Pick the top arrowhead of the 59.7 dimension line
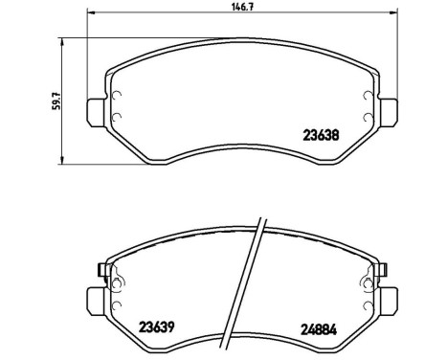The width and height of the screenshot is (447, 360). (63, 39)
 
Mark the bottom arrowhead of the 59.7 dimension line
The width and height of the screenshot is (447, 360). (63, 158)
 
